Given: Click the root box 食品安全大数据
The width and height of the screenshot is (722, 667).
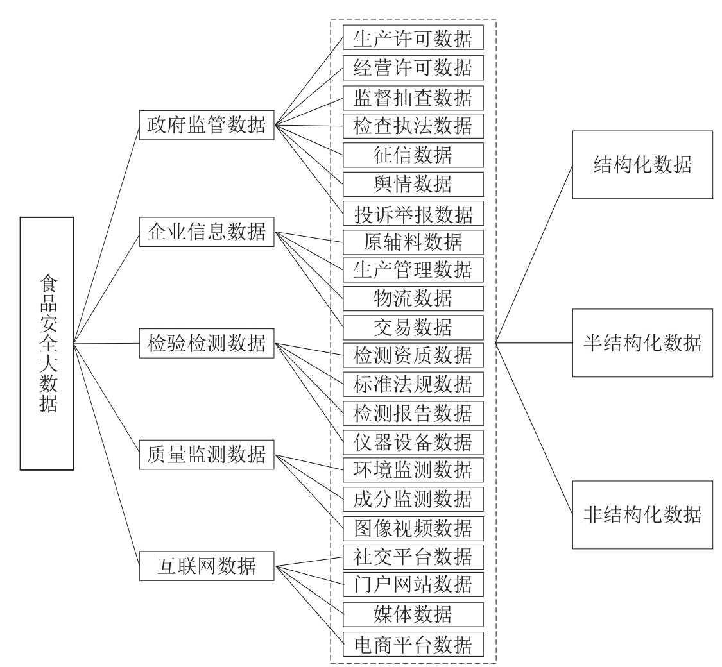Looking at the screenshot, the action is click(x=47, y=344).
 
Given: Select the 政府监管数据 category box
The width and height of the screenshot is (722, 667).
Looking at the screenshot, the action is click(x=207, y=125).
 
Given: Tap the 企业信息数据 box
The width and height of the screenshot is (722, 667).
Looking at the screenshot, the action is click(x=207, y=232).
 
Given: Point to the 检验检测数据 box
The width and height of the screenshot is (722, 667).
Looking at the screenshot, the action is click(x=207, y=343).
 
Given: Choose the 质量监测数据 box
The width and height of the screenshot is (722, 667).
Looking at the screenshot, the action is click(x=207, y=455).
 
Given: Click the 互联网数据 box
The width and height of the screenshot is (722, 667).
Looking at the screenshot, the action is click(x=207, y=566).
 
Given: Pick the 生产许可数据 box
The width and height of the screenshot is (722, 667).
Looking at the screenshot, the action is click(x=413, y=37).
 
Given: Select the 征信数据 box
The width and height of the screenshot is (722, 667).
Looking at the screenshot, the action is click(x=413, y=155).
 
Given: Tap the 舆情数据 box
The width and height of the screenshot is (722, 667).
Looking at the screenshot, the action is click(x=413, y=184).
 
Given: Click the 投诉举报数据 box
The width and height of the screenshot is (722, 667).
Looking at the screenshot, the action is click(x=413, y=214).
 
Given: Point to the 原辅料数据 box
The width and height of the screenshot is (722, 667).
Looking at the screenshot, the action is click(x=413, y=242).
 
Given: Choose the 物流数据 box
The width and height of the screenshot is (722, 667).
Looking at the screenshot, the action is click(x=413, y=298).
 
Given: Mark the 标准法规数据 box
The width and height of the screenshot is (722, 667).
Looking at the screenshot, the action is click(x=413, y=384).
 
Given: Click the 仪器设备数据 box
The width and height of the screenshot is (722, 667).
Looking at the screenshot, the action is click(x=413, y=442).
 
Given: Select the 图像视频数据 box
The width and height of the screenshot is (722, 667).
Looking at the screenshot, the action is click(x=413, y=528).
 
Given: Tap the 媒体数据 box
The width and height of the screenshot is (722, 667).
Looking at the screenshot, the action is click(x=413, y=614).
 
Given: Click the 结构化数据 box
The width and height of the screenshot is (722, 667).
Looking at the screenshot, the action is click(x=643, y=165).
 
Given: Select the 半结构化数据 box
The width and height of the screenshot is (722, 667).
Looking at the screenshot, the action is click(x=643, y=343).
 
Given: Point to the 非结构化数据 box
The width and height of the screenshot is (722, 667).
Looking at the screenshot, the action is click(x=643, y=515).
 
